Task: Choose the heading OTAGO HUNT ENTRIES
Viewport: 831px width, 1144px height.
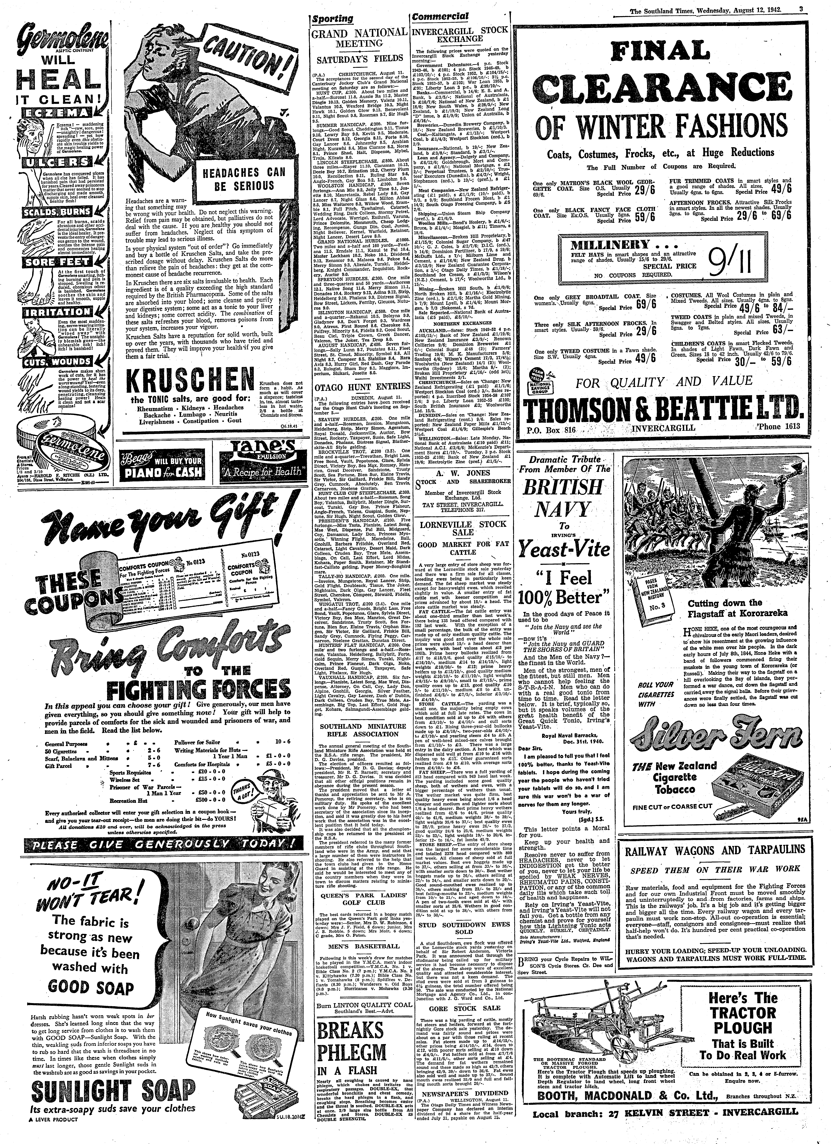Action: pos(359,388)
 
